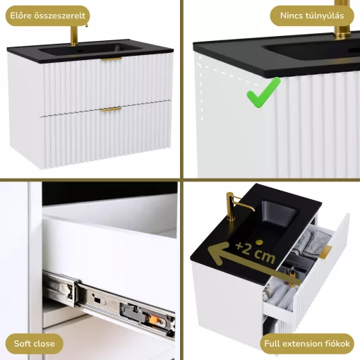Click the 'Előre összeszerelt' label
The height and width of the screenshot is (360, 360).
pos(48,16)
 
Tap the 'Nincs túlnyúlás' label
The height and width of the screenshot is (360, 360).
pos(312,16)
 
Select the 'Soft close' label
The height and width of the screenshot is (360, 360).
pos(35,344)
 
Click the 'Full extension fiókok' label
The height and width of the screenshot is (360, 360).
pos(307,344)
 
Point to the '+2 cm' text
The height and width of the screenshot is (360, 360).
pos(256,252)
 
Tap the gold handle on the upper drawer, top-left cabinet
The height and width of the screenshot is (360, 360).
pos(112,59)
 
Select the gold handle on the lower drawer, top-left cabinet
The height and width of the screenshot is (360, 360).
pos(111,109)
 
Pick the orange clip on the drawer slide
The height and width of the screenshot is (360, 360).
pos(152,319)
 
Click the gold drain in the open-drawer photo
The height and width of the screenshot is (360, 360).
pos(260,242)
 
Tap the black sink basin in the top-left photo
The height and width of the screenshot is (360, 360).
pos(90,49)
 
